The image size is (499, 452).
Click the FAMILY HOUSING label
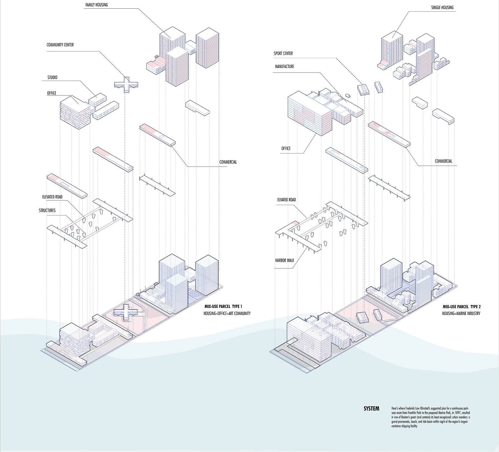97,5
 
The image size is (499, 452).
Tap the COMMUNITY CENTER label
60,45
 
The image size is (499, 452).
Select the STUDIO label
52,78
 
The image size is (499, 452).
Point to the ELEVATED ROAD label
52,197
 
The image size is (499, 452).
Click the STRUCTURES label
47,210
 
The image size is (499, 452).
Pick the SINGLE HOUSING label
442,8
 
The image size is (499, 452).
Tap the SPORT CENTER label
283,53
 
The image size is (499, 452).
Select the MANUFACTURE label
284,67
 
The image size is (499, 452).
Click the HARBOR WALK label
284,260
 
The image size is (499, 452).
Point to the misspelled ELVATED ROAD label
286,200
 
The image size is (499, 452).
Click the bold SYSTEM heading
371,409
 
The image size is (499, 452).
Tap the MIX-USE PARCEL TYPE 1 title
223,307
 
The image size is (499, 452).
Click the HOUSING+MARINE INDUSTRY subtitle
461,314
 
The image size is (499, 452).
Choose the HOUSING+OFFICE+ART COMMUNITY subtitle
227,314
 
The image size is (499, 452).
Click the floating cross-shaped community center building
126,85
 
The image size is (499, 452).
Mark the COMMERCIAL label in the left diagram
228,162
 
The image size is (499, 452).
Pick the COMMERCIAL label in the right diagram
444,161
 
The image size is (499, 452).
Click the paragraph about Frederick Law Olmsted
431,417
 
